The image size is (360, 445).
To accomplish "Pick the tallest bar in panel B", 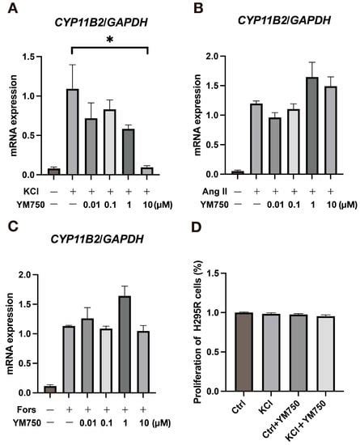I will click(x=311, y=125).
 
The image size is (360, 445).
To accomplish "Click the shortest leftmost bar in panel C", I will click(x=50, y=389).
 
